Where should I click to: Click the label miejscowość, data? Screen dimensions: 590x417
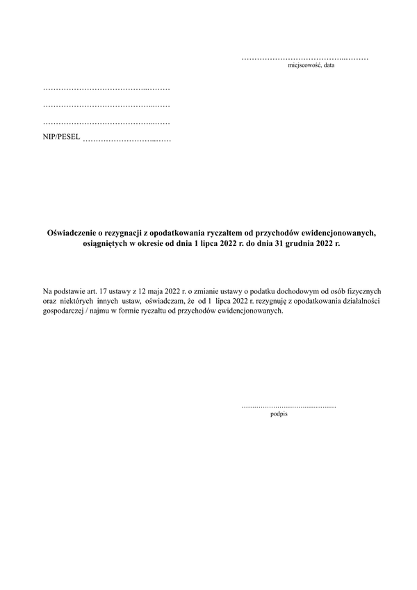(311, 65)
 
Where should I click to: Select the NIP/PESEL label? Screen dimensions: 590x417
(61, 138)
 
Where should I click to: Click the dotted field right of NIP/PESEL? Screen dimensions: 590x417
(126, 140)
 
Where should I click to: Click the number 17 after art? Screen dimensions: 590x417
(105, 290)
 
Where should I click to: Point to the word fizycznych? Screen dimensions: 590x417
(361, 290)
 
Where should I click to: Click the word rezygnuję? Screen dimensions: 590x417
(265, 301)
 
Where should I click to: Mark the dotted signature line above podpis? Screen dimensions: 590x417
(288, 405)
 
